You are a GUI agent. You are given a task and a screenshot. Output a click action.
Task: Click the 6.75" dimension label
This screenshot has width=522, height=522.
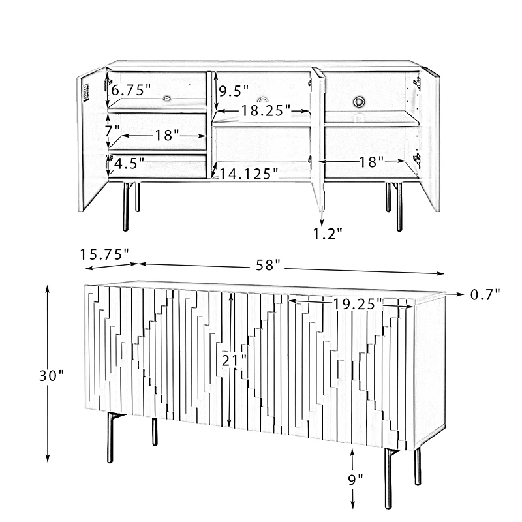(x=130, y=91)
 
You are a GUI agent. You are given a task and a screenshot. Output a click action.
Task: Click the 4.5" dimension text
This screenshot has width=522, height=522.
(x=129, y=163)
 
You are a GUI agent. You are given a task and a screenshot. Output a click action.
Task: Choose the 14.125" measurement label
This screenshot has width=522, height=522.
(x=249, y=174)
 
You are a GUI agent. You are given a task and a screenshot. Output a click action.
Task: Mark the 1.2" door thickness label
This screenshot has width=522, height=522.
(x=328, y=233)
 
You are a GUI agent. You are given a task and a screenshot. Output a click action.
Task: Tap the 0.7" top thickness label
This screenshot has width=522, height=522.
(x=485, y=294)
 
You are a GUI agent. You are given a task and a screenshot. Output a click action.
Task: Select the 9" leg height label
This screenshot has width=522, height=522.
(x=354, y=478)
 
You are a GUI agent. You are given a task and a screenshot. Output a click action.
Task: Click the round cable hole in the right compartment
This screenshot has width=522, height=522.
(x=359, y=100)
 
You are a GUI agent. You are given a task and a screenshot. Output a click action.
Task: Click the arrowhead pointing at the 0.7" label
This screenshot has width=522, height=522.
(x=461, y=294)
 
